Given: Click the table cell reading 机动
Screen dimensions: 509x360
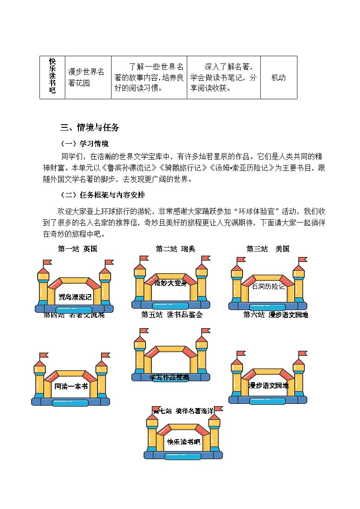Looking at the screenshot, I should (278, 78).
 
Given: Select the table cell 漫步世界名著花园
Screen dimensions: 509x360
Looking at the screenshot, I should (86, 78).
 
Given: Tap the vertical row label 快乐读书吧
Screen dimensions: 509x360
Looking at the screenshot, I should (52, 76).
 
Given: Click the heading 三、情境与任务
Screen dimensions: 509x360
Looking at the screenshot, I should (90, 128).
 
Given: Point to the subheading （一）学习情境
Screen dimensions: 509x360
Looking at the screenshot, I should (85, 144).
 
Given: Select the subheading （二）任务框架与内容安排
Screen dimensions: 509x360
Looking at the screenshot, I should (103, 195).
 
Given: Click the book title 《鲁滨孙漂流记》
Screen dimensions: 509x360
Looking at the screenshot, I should (126, 168).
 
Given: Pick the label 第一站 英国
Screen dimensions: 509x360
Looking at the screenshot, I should (78, 249).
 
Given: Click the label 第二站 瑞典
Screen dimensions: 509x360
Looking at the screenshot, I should (175, 249).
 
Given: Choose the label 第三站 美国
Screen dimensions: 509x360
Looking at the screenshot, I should (268, 249).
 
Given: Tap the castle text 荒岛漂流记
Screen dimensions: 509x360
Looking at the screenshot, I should (75, 297).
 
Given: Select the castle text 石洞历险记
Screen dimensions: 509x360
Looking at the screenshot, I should (268, 286).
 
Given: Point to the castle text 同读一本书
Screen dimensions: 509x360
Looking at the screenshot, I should (71, 387).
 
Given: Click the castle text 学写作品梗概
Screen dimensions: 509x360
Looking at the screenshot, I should (170, 377).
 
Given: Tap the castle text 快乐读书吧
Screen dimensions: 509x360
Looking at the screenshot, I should (183, 442).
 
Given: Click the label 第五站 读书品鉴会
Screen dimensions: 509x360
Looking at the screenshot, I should (172, 315).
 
